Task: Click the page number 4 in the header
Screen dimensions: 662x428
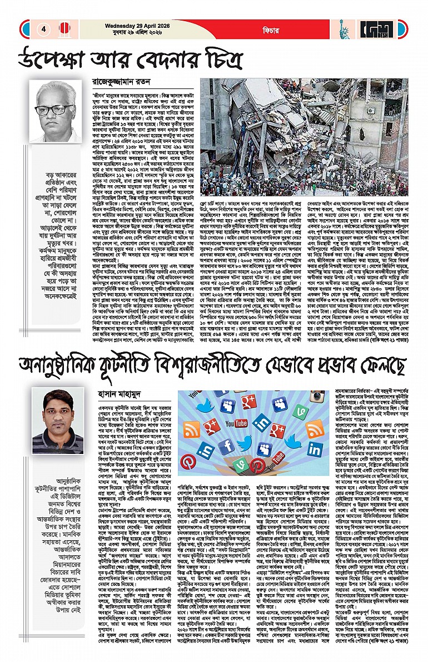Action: [x=43, y=28]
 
